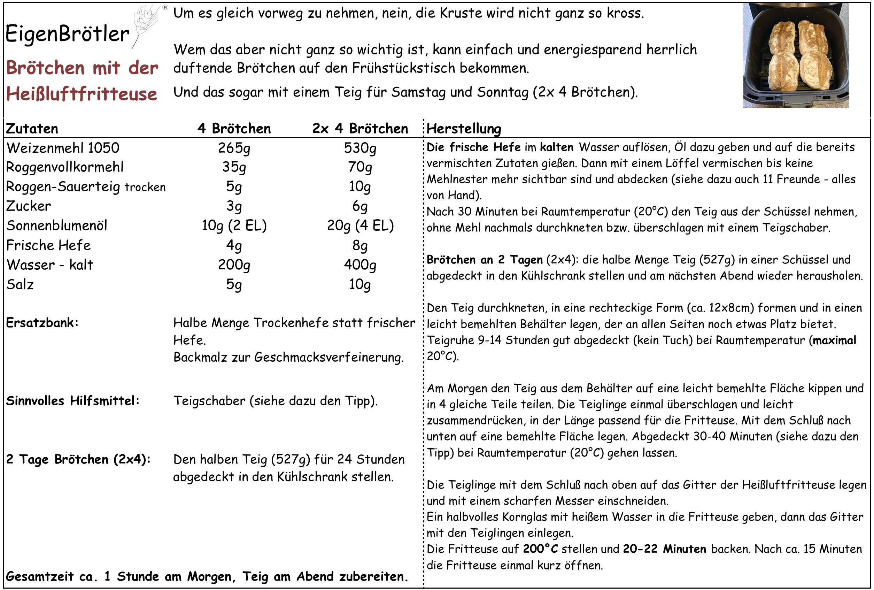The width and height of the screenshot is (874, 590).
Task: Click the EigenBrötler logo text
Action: pyautogui.click(x=68, y=34)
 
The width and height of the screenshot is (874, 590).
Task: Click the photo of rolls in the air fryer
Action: pyautogui.click(x=796, y=55)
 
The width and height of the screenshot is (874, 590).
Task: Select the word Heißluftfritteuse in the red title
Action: pyautogui.click(x=82, y=94)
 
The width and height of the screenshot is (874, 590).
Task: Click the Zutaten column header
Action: pyautogui.click(x=32, y=129)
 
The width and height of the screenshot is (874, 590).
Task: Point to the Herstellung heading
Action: pyautogui.click(x=464, y=129)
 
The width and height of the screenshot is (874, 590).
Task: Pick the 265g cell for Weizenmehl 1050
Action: pyautogui.click(x=234, y=148)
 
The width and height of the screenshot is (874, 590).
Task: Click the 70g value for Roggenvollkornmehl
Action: pyautogui.click(x=360, y=167)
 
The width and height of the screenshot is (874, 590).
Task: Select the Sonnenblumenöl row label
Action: pyautogui.click(x=57, y=226)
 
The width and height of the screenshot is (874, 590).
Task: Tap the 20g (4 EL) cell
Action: pyautogui.click(x=360, y=226)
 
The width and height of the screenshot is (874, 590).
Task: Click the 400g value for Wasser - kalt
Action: pyautogui.click(x=360, y=265)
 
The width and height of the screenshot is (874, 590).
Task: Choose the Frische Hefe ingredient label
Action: pyautogui.click(x=48, y=245)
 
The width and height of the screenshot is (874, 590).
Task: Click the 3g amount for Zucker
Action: pyautogui.click(x=234, y=206)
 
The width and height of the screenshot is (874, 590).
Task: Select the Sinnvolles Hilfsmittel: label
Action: pyautogui.click(x=72, y=401)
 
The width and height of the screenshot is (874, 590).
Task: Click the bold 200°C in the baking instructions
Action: pyautogui.click(x=540, y=549)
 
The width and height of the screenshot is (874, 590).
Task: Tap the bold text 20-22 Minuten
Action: pyautogui.click(x=664, y=549)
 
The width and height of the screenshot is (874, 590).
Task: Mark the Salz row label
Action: pyautogui.click(x=20, y=284)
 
